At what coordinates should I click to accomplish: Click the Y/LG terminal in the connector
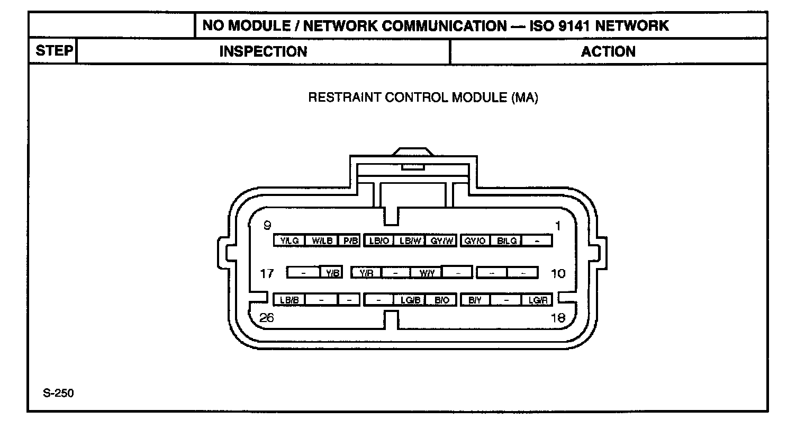tap(290, 241)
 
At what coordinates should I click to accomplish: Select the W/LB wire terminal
tap(322, 241)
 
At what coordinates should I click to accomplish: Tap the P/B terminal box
tap(350, 241)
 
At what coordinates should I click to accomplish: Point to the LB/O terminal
tap(379, 241)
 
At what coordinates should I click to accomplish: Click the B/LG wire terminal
tap(506, 241)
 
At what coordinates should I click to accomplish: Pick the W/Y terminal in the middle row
tap(427, 273)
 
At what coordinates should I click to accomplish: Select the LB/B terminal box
tap(290, 300)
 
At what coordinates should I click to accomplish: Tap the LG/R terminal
tap(537, 300)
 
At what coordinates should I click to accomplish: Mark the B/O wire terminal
tap(441, 300)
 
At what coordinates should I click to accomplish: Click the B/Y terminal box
tap(475, 300)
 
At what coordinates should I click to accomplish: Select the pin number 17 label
tap(267, 274)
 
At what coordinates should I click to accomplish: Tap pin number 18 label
tap(558, 318)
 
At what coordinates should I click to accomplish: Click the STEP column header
tap(53, 51)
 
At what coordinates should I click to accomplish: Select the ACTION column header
tap(608, 51)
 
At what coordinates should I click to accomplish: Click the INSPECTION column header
tap(263, 51)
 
